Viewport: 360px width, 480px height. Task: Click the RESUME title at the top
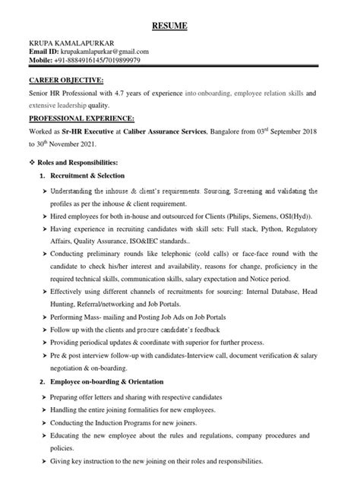179,27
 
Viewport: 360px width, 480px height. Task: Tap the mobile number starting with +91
99,61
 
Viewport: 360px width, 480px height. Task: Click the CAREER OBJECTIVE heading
66,81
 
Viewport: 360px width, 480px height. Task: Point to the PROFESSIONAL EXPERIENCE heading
81,119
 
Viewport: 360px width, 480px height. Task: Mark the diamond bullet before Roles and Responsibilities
32,163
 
